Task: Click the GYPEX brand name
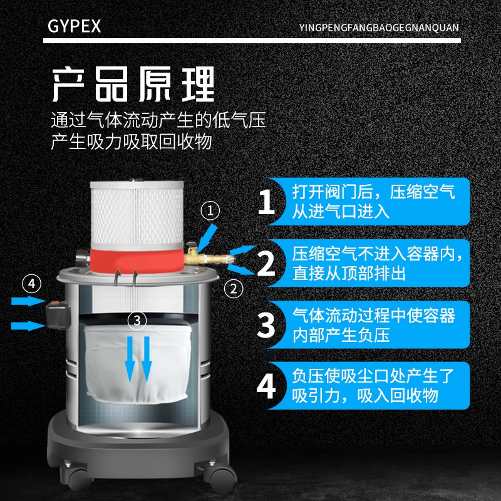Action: [x=74, y=27]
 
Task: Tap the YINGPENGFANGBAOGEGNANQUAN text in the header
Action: [x=380, y=28]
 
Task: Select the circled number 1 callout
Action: [x=210, y=211]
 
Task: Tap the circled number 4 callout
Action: [x=31, y=284]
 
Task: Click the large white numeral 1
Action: [x=267, y=202]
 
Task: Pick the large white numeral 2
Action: [x=267, y=263]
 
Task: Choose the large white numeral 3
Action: [x=267, y=324]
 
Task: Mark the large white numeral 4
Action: [x=267, y=386]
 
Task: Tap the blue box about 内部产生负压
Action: [x=375, y=324]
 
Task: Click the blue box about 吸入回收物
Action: [x=375, y=386]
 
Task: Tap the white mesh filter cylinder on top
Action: [x=137, y=213]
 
